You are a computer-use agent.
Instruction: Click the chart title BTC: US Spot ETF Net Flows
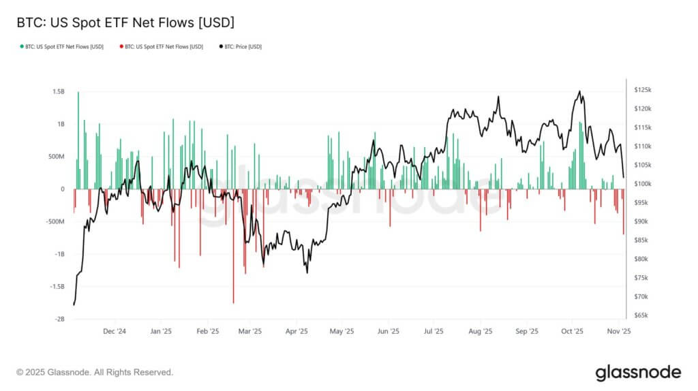[x=125, y=22]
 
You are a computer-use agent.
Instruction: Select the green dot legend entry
[x=62, y=46]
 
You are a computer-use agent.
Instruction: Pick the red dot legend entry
[x=161, y=46]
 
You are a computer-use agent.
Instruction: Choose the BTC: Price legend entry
[x=241, y=46]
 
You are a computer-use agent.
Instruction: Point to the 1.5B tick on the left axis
[x=58, y=91]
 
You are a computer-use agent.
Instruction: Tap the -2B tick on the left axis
[x=59, y=319]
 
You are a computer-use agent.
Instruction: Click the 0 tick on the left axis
[x=63, y=189]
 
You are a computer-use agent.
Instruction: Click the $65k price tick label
[x=642, y=315]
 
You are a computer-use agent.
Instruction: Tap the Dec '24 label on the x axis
[x=114, y=332]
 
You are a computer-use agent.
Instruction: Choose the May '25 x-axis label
[x=342, y=332]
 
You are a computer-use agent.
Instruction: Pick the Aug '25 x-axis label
[x=481, y=332]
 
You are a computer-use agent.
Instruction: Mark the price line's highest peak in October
[x=579, y=91]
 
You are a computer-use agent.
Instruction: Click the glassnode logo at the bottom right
[x=638, y=372]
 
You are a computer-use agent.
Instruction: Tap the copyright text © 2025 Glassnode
[x=95, y=373]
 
